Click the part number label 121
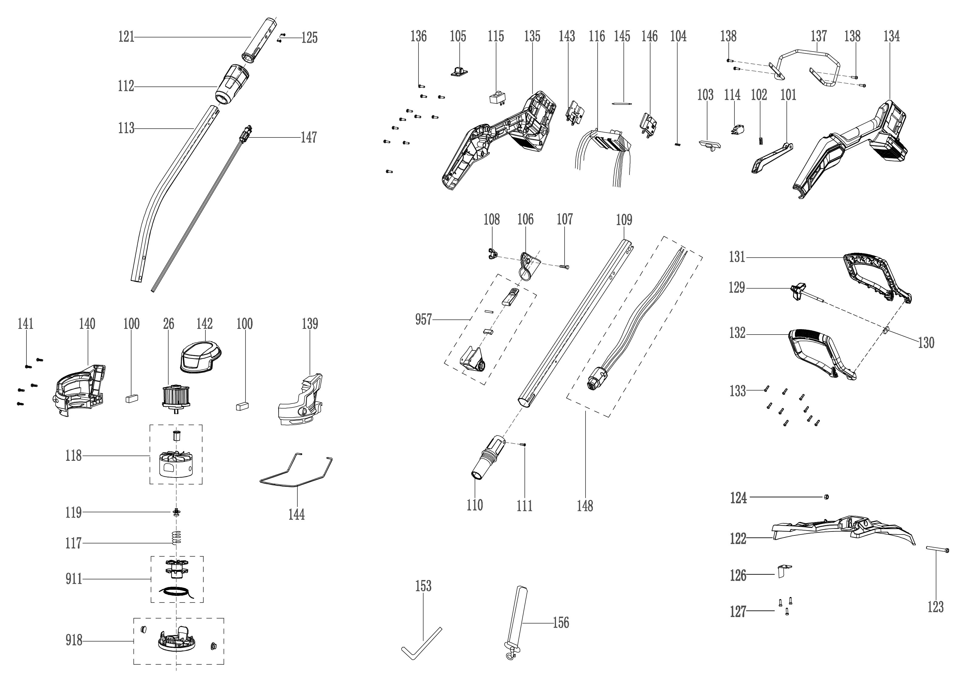(126, 37)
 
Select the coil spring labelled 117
(176, 537)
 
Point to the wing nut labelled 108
(492, 253)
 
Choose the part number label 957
(423, 320)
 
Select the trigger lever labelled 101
(772, 159)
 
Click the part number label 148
(585, 506)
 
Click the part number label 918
(73, 640)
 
